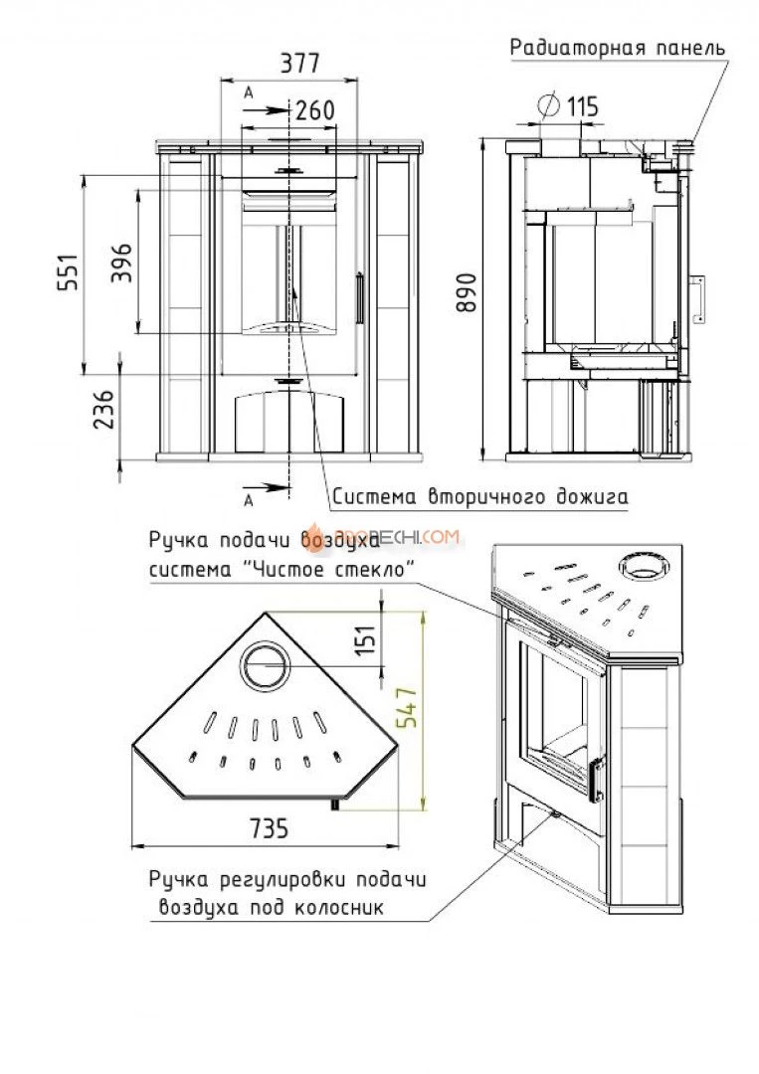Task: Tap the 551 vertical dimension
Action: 68,275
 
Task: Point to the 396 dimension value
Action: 121,263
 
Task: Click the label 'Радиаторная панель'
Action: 617,47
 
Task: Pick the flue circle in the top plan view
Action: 265,663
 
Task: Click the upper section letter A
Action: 248,91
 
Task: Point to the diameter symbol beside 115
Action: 546,104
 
